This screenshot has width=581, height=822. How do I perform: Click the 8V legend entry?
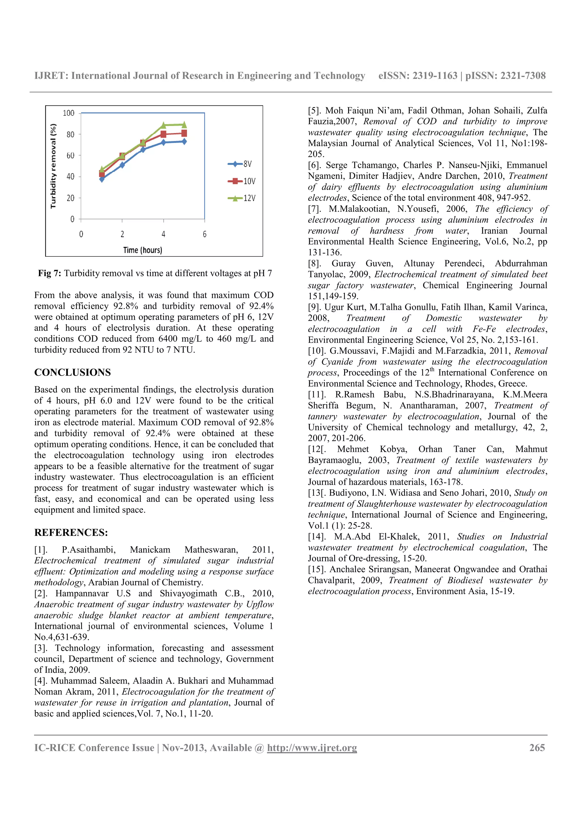coord(241,164)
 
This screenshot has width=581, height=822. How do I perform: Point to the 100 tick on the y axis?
coord(68,113)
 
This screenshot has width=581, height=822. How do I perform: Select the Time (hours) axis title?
coord(142,250)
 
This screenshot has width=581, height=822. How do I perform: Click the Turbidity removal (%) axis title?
coord(53,166)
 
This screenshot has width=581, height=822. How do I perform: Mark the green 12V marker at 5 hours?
coord(184,125)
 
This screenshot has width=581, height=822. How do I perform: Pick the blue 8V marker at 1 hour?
coord(102,179)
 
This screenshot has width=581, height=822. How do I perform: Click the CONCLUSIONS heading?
coord(72,372)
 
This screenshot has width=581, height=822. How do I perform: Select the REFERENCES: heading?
coord(71,532)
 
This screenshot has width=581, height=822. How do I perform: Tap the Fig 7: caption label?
coord(49,273)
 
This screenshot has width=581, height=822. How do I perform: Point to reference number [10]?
coord(317,351)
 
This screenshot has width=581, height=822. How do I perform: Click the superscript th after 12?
coord(432,370)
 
